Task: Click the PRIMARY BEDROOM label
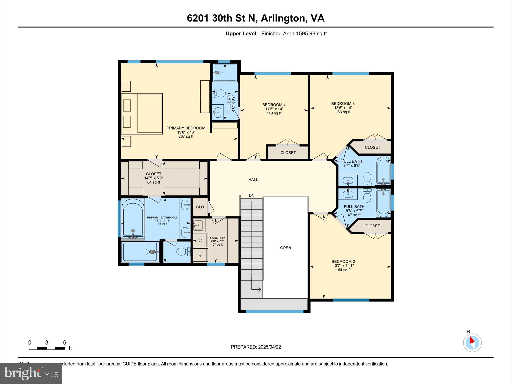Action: click(x=186, y=128)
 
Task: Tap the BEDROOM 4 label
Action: click(x=274, y=105)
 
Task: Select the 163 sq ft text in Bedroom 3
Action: click(x=343, y=112)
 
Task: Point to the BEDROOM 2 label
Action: click(x=343, y=261)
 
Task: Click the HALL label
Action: click(x=253, y=179)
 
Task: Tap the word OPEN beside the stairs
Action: click(x=285, y=248)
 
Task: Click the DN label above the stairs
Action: click(x=252, y=195)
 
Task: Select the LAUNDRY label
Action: click(x=217, y=238)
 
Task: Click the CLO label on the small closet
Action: click(x=200, y=207)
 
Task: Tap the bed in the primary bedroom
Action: click(x=142, y=114)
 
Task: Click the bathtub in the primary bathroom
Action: click(x=133, y=217)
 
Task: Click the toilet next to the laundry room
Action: click(x=182, y=251)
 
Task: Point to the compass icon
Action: click(x=472, y=342)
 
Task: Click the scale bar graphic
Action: click(x=47, y=348)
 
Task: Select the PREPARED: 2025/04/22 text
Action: click(x=256, y=347)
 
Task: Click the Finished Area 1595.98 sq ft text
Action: click(x=294, y=33)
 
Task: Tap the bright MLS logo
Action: click(x=31, y=373)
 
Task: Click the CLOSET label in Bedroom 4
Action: click(x=288, y=152)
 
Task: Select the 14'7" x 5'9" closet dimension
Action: click(x=154, y=178)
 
